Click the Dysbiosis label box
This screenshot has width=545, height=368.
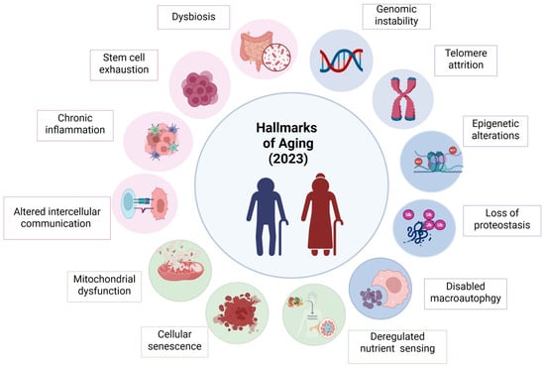click(193, 17)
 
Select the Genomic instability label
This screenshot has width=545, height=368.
click(396, 16)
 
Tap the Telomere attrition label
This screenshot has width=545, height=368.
click(466, 61)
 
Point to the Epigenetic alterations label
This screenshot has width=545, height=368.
click(495, 131)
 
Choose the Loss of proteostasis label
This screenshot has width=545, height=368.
click(502, 220)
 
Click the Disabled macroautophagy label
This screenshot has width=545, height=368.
click(466, 294)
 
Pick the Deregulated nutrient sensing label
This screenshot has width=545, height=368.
click(397, 342)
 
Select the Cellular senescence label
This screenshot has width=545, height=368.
click(174, 341)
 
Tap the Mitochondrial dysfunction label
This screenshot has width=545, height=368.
click(104, 287)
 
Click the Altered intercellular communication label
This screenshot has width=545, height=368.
click(57, 218)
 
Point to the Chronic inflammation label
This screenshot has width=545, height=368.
click(75, 126)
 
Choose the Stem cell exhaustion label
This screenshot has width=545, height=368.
click(124, 65)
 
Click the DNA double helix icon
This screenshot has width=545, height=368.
click(341, 61)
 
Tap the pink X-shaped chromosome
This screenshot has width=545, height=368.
click(403, 99)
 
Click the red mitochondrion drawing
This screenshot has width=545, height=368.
click(180, 269)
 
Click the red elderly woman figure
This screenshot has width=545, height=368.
click(322, 214)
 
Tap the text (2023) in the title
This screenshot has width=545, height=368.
click(288, 159)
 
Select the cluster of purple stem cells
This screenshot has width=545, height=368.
click(200, 88)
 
